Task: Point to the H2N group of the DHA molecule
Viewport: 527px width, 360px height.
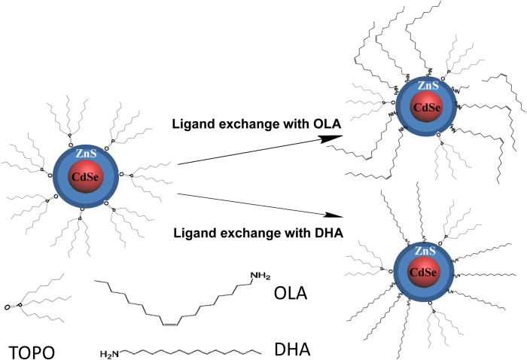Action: click(x=111, y=352)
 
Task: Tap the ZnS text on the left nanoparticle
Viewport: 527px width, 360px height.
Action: click(x=84, y=154)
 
